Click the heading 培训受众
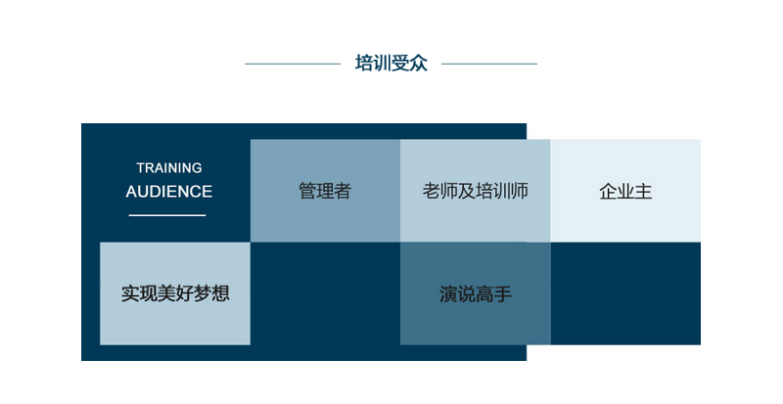(391, 64)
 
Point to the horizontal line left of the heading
(293, 64)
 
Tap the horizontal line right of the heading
(489, 64)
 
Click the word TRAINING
(169, 168)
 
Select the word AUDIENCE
(169, 192)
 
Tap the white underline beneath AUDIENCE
(167, 215)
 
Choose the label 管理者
(325, 191)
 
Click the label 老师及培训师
(476, 191)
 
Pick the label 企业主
(625, 192)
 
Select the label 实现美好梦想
(175, 293)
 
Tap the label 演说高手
(476, 293)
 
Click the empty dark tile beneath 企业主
(625, 293)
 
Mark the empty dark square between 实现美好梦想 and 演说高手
(325, 293)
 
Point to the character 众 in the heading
(419, 64)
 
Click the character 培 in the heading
(364, 64)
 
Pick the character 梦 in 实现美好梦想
(203, 293)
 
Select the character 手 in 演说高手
(503, 293)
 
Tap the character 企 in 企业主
(608, 192)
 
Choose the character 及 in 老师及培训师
(467, 191)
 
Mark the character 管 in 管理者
(307, 191)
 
